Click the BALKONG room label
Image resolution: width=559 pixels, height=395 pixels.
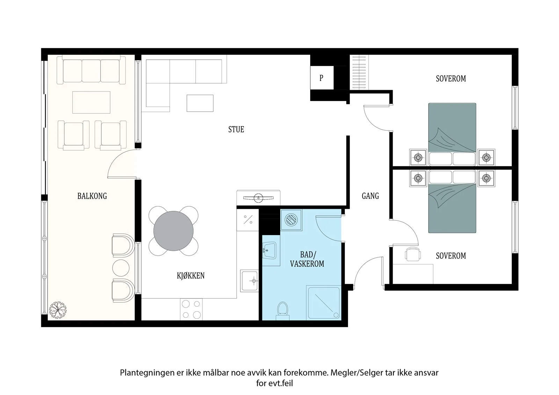pos(92,196)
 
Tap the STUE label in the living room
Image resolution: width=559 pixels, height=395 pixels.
pos(236,129)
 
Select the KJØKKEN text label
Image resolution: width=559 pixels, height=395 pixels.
pos(191,276)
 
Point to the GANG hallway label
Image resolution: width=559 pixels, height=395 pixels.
pos(370,196)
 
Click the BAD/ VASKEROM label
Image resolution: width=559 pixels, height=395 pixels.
pos(307,259)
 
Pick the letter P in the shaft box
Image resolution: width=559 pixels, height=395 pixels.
pos(321,78)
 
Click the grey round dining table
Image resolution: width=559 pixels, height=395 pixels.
pos(173,231)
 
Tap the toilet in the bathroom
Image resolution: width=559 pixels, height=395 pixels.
pos(283,311)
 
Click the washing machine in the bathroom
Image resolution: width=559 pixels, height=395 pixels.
pos(291,220)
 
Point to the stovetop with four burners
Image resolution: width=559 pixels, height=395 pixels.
pos(191,309)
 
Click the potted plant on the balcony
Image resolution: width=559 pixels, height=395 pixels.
pos(58,310)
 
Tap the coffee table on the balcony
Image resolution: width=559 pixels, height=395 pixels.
pos(91,102)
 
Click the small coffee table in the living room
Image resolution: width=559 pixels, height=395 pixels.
pos(200,103)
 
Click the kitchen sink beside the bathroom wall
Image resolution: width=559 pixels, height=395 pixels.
pos(249,281)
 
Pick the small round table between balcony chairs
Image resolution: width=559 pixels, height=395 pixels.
pos(121,268)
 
